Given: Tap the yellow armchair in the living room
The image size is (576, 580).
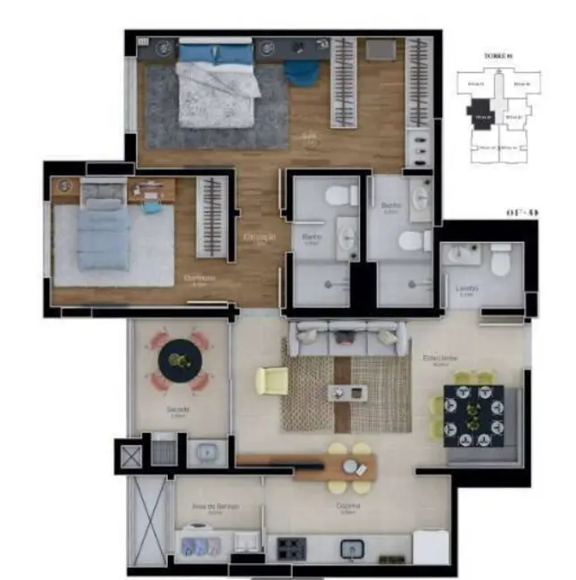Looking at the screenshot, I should click(x=271, y=381).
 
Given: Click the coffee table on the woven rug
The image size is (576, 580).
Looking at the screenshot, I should click(x=346, y=391).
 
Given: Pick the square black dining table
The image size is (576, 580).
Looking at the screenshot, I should click(x=473, y=413).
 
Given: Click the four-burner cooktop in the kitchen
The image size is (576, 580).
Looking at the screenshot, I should click(x=291, y=546).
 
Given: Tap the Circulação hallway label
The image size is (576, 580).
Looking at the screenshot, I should click(x=260, y=236).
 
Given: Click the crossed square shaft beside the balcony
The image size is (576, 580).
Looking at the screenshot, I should click(x=129, y=454).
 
